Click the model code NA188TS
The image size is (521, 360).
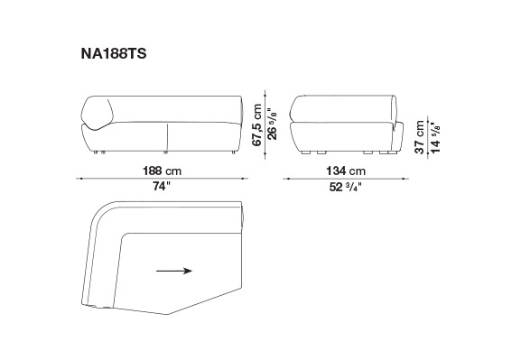pyautogui.click(x=114, y=53)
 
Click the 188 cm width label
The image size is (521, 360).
pyautogui.click(x=163, y=171)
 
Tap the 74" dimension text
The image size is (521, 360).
pyautogui.click(x=161, y=186)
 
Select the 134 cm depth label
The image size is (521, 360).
pyautogui.click(x=346, y=171)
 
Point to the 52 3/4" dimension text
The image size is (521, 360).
pyautogui.click(x=345, y=187)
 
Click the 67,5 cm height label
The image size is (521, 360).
pyautogui.click(x=256, y=125)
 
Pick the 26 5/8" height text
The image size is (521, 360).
pyautogui.click(x=272, y=124)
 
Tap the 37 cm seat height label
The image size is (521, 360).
pyautogui.click(x=420, y=137)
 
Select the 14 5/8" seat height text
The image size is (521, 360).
pyautogui.click(x=435, y=137)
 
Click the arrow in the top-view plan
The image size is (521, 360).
pyautogui.click(x=174, y=271)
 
